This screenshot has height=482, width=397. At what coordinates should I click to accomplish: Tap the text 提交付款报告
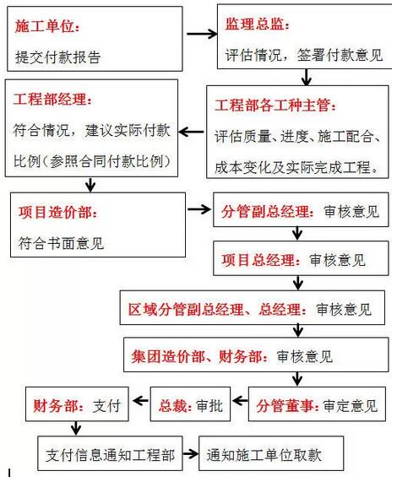pos(57,57)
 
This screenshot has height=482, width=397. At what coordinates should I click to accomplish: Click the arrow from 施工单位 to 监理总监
pos(202,34)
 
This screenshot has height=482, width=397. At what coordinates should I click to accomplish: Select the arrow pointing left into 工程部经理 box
pos(191,132)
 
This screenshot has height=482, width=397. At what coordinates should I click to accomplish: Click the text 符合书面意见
pos(61,243)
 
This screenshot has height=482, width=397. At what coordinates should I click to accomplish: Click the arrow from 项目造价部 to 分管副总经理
pos(199,209)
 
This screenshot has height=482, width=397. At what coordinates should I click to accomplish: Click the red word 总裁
pos(174,406)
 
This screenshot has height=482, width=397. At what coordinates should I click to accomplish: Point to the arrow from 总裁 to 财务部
pos(140,400)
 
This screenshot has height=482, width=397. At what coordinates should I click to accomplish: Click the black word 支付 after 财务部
pos(106,406)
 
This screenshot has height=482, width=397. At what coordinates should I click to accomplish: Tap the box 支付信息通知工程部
pos(110,453)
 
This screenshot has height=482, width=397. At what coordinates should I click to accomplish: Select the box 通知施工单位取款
pos(271,453)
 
